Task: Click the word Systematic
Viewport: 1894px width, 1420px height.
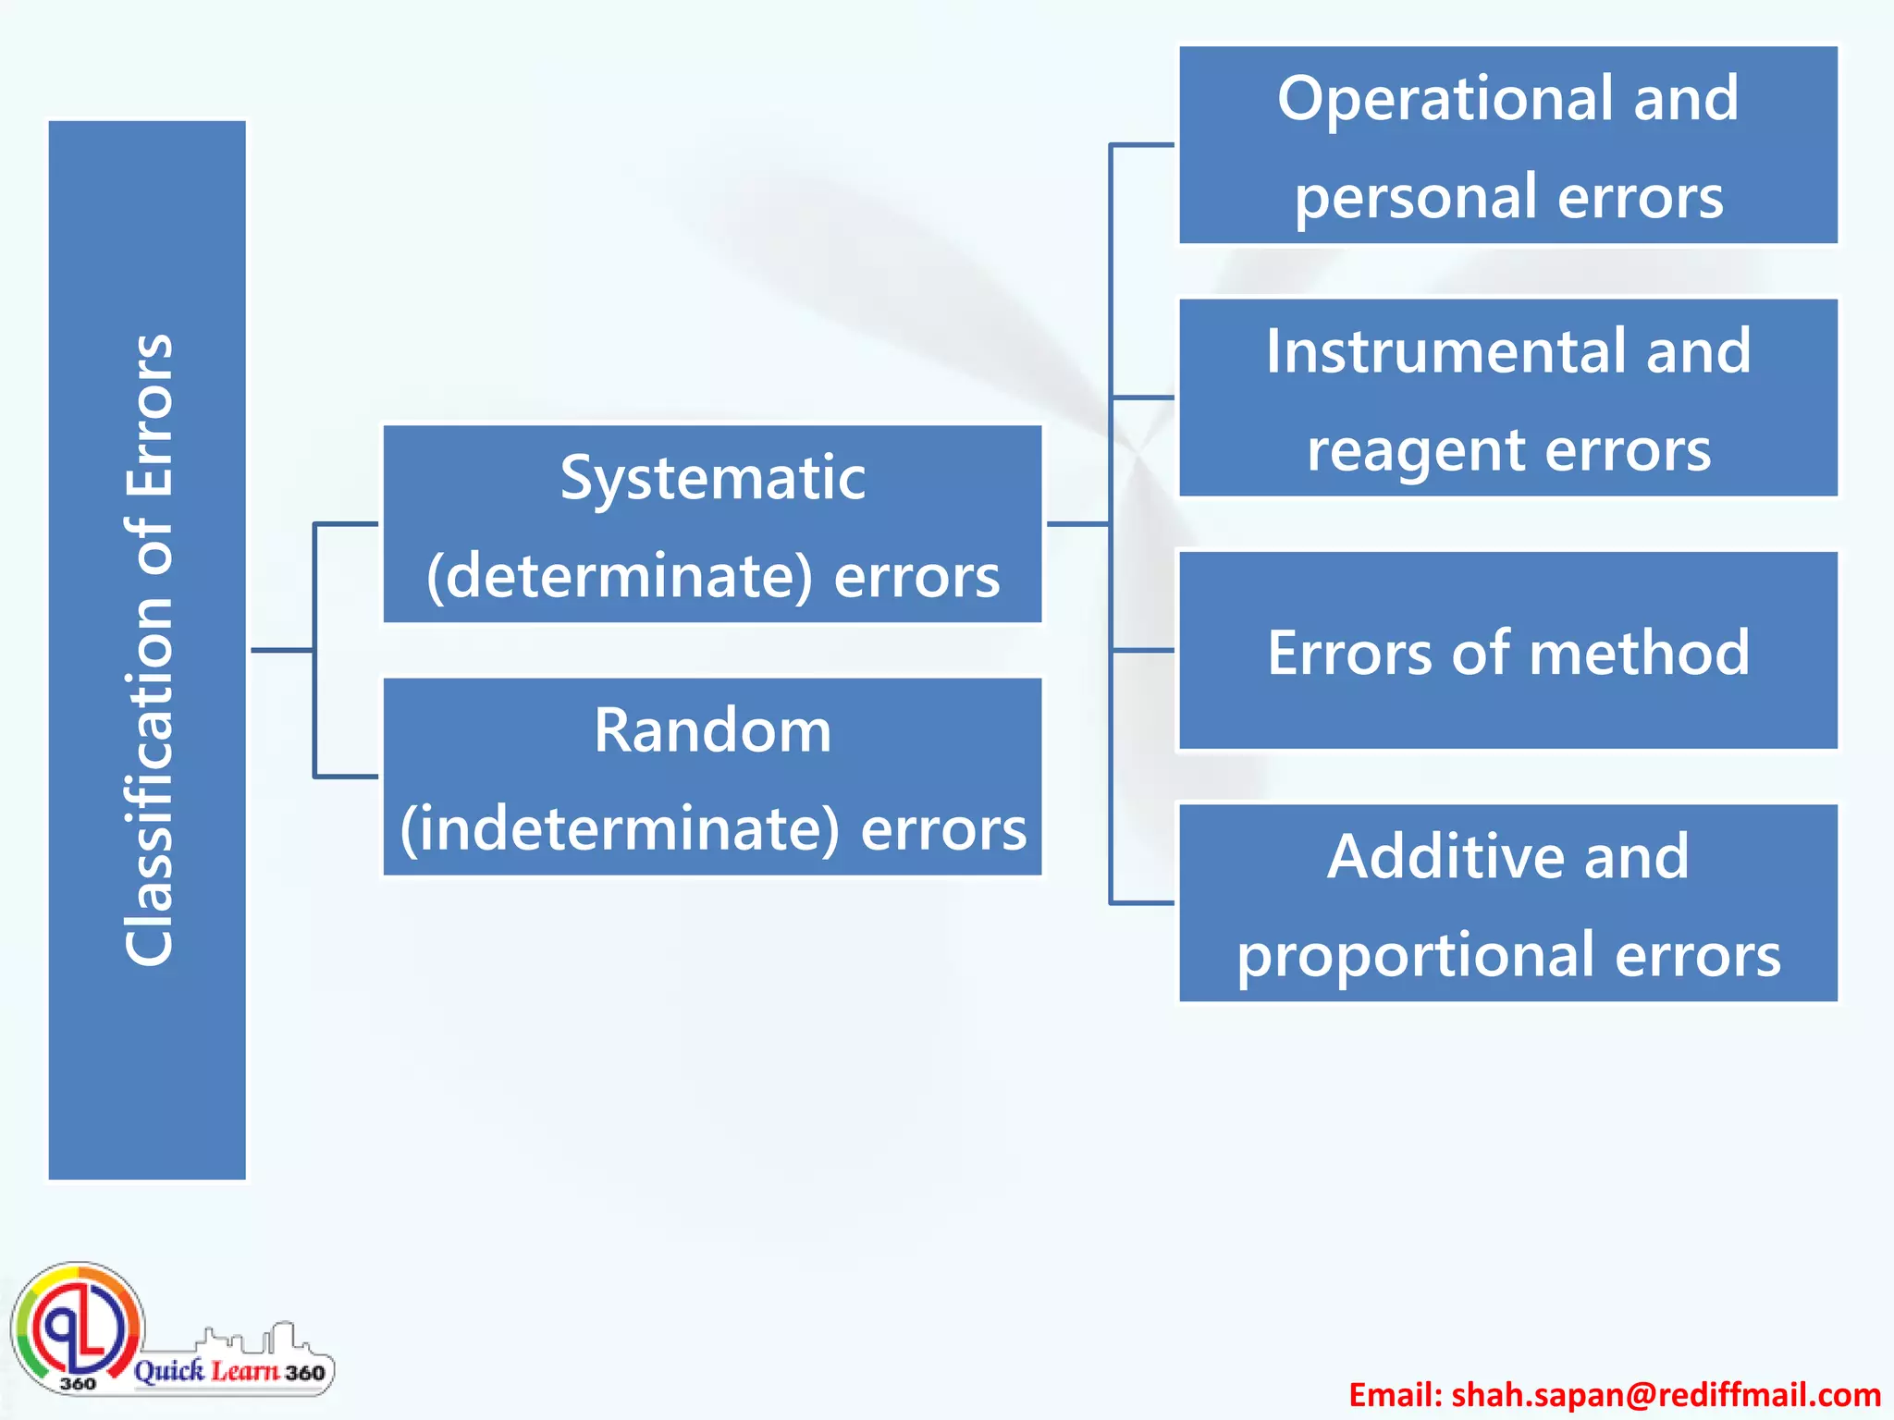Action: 712,479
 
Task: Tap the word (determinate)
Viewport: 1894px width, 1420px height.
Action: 620,576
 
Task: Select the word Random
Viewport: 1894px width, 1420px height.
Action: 712,730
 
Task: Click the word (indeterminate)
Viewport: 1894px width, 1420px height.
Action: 620,828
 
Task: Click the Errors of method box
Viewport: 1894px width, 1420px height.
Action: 1507,652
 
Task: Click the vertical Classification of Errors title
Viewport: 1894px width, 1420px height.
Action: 148,650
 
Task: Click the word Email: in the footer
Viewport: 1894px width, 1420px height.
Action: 1395,1394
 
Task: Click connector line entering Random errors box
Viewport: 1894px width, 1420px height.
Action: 347,777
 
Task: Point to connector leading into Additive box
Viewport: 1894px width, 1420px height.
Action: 1142,902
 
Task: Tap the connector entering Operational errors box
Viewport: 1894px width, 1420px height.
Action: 1142,145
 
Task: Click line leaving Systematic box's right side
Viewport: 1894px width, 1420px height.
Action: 1077,524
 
